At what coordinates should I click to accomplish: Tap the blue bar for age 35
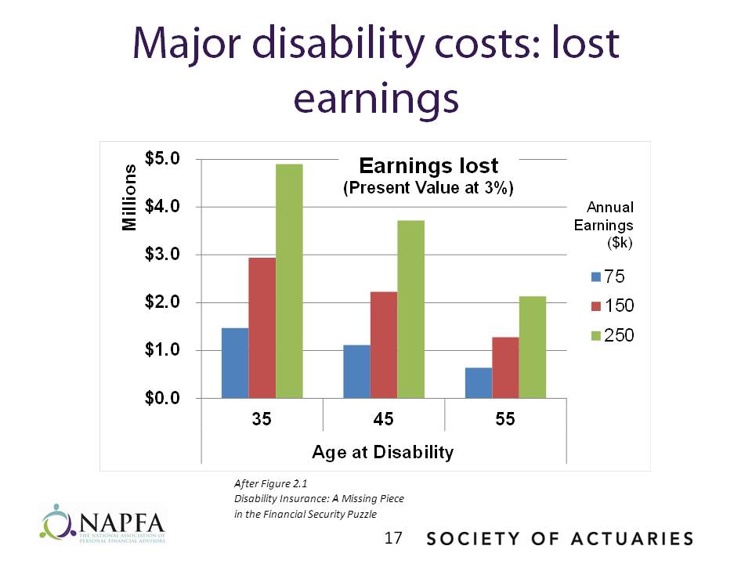pos(235,363)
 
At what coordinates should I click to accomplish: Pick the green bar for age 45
pos(410,309)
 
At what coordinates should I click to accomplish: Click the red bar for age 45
pos(384,345)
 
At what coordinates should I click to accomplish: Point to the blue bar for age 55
pos(479,382)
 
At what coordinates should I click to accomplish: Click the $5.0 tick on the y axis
pos(164,159)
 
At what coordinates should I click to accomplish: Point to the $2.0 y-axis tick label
pos(164,302)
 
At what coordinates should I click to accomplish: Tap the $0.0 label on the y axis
pos(164,398)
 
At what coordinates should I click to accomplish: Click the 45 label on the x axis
pos(384,419)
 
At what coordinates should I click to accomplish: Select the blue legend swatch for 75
pos(595,277)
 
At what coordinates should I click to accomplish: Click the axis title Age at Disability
pos(382,452)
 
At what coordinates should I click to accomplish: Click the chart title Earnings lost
pos(428,166)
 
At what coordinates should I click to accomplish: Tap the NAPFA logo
pos(103,522)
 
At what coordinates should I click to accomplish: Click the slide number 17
pos(393,538)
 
